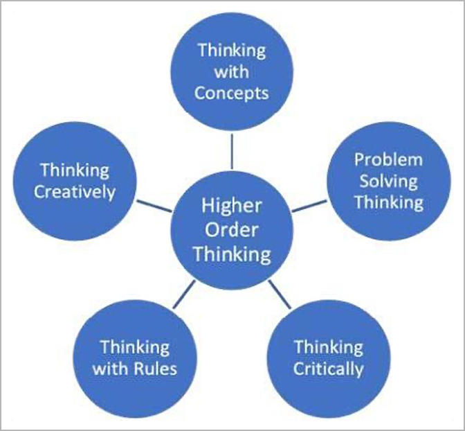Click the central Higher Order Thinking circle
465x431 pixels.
pyautogui.click(x=232, y=230)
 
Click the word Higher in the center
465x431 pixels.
pyautogui.click(x=231, y=206)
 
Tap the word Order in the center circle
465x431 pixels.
pyautogui.click(x=231, y=230)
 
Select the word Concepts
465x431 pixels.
pyautogui.click(x=231, y=93)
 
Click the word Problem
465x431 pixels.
pyautogui.click(x=388, y=160)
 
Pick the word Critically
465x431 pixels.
pyautogui.click(x=328, y=368)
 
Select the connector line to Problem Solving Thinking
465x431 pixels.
pyautogui.click(x=307, y=206)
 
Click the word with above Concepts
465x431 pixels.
pyautogui.click(x=231, y=71)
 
